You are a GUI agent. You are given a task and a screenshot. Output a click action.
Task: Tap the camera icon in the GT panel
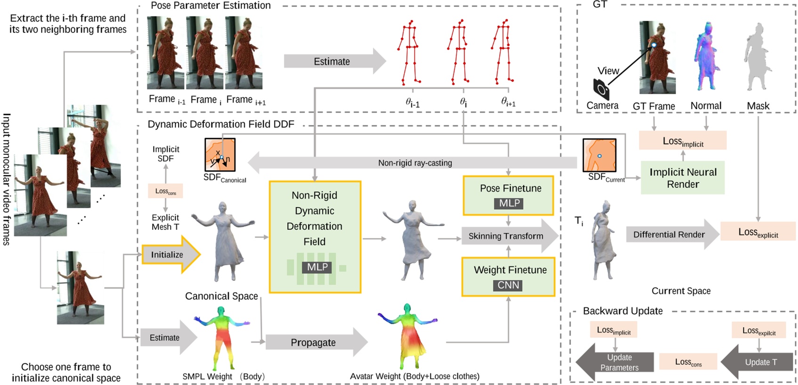[x=601, y=88]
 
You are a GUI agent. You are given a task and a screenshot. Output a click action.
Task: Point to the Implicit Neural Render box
[x=683, y=178]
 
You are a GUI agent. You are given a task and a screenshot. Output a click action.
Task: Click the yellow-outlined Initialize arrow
[x=169, y=254]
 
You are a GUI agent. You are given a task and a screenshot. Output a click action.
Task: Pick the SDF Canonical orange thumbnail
[x=220, y=155]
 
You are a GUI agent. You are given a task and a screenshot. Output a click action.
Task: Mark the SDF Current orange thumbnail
[x=599, y=155]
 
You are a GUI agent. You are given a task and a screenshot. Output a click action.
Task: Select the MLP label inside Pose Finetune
[x=509, y=203]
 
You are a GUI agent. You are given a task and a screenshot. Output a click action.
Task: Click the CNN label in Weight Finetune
[x=508, y=285]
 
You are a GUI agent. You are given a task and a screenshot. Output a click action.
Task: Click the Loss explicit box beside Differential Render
[x=758, y=232]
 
